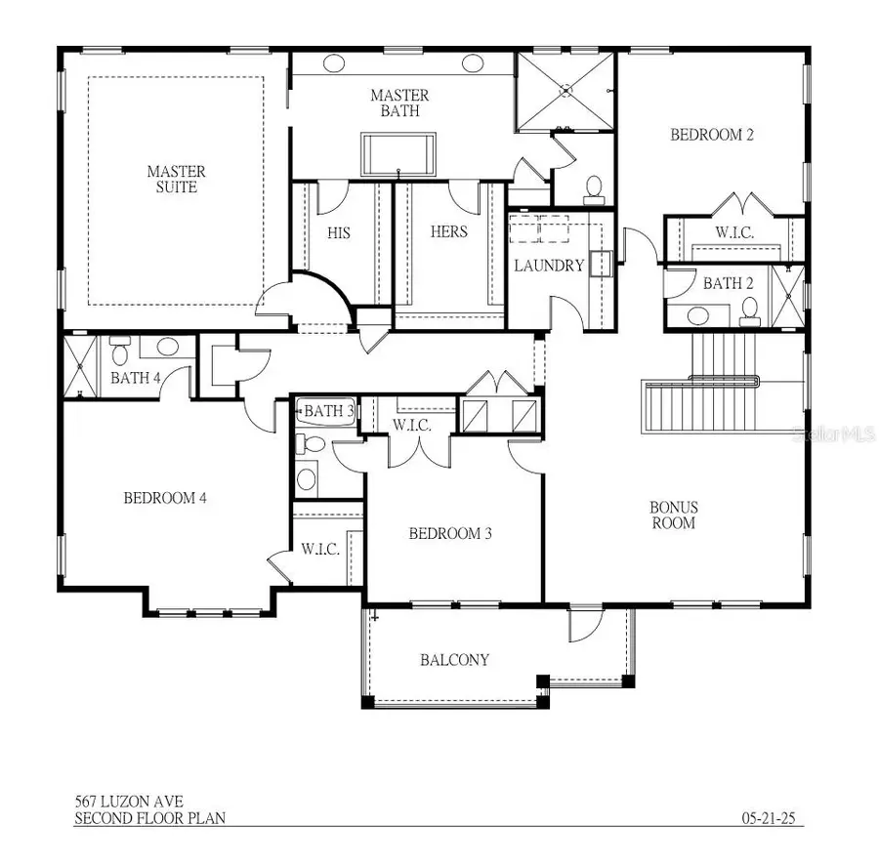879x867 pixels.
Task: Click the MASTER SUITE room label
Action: (x=177, y=179)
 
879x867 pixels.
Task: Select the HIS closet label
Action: (x=339, y=232)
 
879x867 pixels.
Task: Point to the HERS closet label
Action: (x=449, y=232)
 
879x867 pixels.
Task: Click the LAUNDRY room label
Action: (x=549, y=265)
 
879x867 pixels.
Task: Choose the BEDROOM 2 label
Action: (x=712, y=136)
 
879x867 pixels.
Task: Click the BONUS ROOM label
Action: (x=674, y=515)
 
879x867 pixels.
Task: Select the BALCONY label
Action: (x=454, y=660)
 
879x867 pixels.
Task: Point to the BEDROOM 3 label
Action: (x=449, y=533)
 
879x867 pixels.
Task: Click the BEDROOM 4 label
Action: (x=165, y=498)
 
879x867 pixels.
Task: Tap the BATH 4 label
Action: (x=129, y=378)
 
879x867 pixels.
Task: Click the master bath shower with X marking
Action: (x=565, y=91)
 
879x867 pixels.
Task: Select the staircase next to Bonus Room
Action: (x=723, y=391)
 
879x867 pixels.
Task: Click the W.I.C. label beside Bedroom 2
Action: (x=732, y=233)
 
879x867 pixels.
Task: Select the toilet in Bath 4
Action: (x=120, y=346)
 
